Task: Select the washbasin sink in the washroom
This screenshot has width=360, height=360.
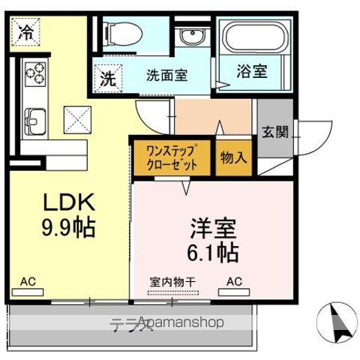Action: [189, 38]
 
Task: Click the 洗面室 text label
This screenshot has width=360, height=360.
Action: [166, 75]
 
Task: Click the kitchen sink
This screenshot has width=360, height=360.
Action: [34, 119]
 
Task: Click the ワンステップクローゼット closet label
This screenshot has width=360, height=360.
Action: [172, 157]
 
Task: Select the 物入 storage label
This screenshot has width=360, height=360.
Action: [233, 157]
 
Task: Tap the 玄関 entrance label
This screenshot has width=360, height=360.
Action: [274, 132]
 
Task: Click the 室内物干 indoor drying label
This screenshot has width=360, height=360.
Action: [172, 282]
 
